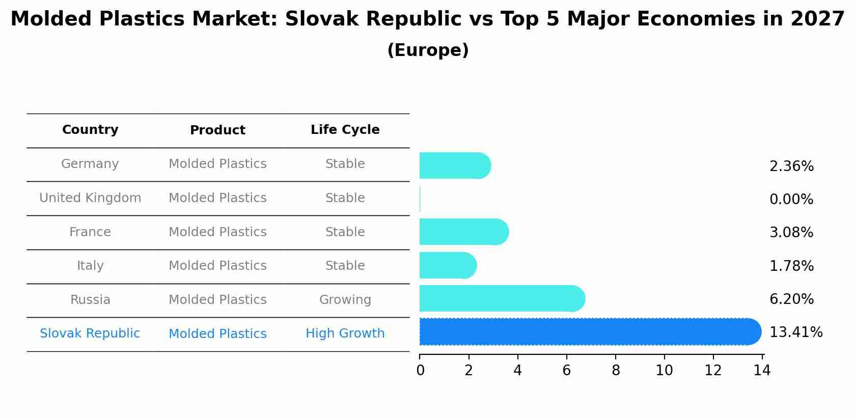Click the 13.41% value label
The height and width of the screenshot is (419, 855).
795,332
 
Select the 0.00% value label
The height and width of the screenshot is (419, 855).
791,200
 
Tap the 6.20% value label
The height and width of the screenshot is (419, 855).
791,299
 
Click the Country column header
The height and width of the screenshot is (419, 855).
90,130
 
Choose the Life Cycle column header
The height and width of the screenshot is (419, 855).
345,130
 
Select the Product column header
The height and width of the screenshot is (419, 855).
217,130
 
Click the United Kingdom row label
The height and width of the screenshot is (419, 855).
90,198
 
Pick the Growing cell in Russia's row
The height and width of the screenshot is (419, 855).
345,300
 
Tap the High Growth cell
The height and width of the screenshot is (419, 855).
345,333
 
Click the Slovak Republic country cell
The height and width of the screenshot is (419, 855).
90,333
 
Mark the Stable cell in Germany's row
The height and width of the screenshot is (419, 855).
345,164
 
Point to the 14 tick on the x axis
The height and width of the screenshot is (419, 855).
762,371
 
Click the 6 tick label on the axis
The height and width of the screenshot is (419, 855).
566,371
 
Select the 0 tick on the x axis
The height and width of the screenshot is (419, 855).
420,371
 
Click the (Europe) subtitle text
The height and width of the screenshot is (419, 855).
428,50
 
